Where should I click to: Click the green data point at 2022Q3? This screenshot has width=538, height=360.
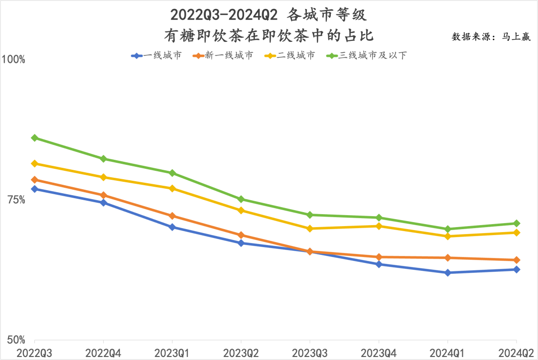click(34, 138)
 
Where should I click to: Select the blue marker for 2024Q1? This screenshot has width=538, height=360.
click(448, 273)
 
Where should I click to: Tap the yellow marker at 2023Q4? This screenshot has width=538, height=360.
click(379, 226)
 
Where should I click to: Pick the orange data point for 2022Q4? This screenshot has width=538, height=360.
click(103, 195)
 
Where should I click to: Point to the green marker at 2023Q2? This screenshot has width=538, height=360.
click(241, 199)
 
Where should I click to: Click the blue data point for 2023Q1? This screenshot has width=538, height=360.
click(172, 227)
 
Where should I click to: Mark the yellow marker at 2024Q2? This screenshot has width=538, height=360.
click(517, 233)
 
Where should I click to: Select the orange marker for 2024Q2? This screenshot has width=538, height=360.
click(517, 260)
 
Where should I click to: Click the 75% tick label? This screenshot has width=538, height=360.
click(16, 200)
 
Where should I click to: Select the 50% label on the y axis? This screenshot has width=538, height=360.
click(16, 340)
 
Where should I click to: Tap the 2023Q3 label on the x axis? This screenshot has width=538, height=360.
click(310, 353)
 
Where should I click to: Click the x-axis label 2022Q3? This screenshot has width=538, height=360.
click(34, 353)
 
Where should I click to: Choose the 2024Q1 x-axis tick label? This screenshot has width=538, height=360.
click(448, 353)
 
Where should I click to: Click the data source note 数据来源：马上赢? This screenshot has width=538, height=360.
click(491, 37)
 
